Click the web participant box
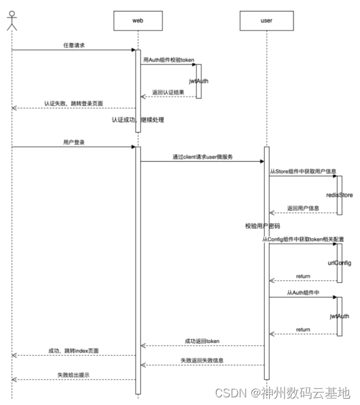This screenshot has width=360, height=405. [x=137, y=20]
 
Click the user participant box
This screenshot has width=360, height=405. [x=266, y=20]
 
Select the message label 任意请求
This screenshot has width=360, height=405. [x=74, y=45]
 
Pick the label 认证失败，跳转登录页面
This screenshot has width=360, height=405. [x=74, y=103]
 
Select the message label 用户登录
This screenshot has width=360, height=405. [x=74, y=142]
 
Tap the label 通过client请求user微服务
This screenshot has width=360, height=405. [x=202, y=156]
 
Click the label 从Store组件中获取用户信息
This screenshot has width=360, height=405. [x=304, y=171]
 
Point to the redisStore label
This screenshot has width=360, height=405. [x=340, y=193]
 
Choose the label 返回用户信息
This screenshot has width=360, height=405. [x=302, y=208]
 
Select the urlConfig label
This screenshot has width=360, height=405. [x=340, y=263]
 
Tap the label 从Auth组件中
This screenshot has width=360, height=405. [x=302, y=292]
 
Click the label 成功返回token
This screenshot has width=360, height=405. [x=202, y=341]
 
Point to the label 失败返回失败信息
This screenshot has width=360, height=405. [x=202, y=360]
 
